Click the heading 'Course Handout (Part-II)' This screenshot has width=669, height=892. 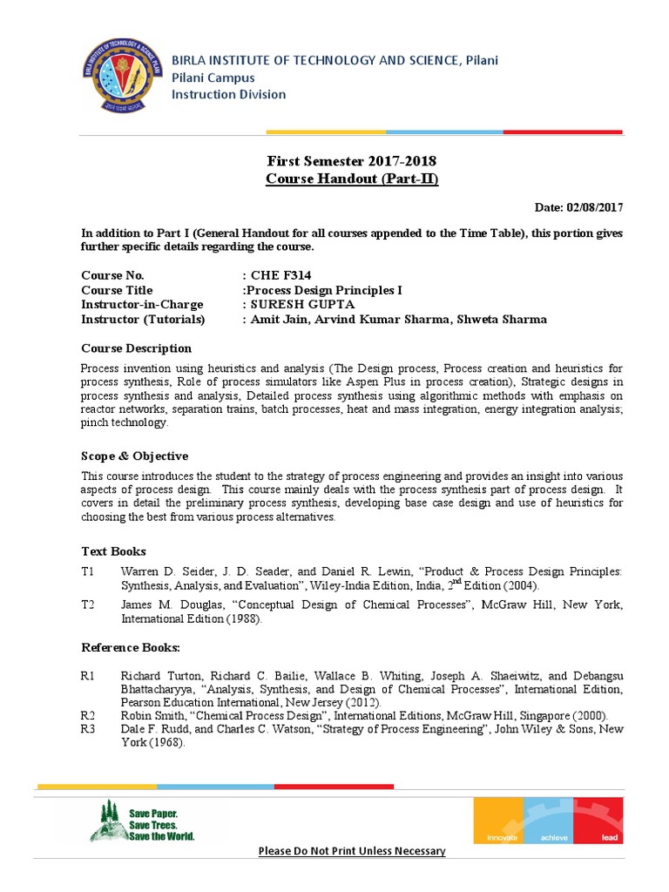(351, 179)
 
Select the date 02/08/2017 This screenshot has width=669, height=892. (595, 207)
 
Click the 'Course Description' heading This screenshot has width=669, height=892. (136, 348)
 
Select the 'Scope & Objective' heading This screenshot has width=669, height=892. (134, 456)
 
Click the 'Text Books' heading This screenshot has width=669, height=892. (113, 551)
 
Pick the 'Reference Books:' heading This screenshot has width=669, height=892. (131, 647)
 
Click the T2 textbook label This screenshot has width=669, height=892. (89, 605)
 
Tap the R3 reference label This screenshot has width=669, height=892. (89, 728)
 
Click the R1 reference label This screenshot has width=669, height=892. (89, 676)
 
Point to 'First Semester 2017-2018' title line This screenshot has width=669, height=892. (351, 162)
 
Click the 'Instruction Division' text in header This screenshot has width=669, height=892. (228, 94)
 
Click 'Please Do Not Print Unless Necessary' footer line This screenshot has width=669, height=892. (351, 851)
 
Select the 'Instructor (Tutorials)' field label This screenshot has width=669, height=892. (143, 319)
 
